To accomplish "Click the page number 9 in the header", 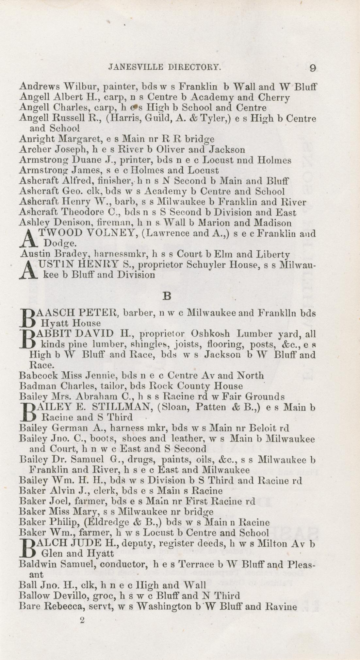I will click(x=313, y=68).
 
